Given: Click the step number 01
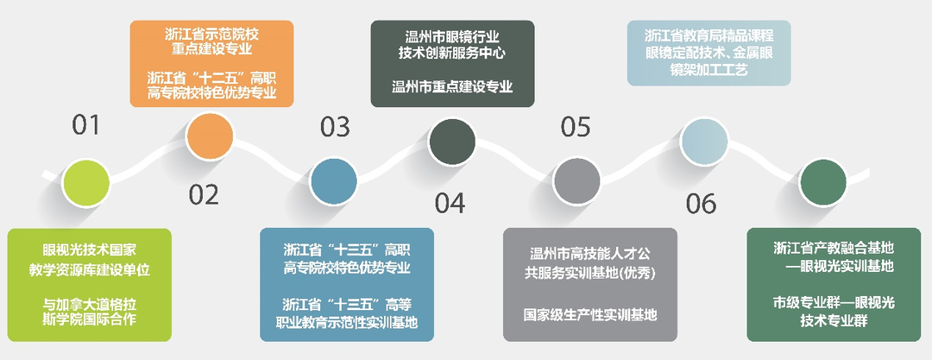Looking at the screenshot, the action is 86,126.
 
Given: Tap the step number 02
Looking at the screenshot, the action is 205,195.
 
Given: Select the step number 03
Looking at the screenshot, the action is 335,127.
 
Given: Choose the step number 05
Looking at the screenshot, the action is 575,127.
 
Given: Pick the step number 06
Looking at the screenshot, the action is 702,204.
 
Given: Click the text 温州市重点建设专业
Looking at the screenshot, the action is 452,87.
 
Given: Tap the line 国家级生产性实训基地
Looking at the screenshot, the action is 590,314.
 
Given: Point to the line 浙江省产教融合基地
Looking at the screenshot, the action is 833,249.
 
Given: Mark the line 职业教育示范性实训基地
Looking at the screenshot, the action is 347,323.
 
